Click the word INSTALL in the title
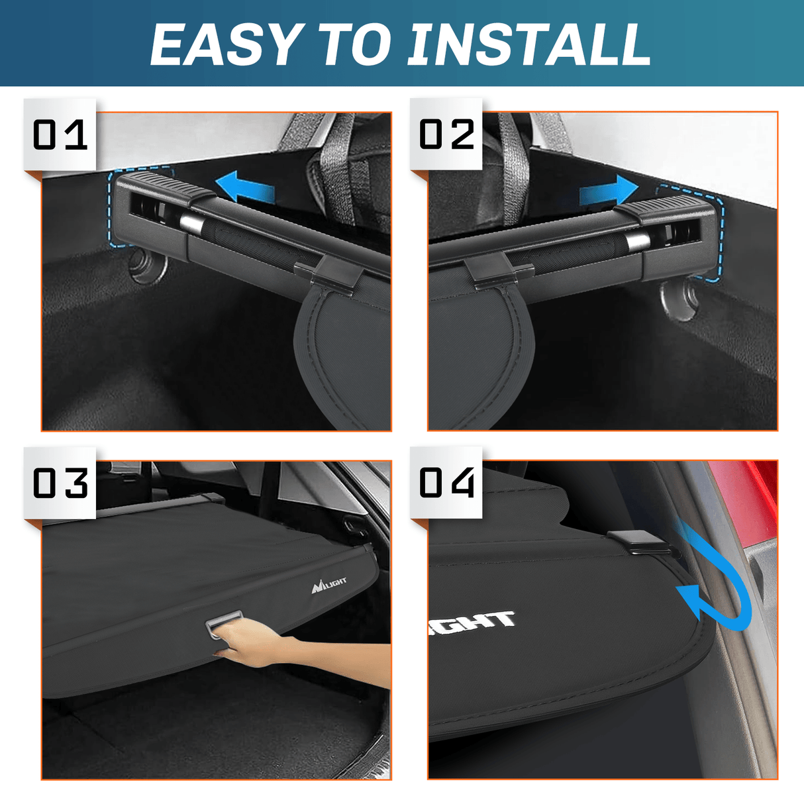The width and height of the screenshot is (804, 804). (528, 45)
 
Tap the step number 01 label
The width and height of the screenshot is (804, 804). (60, 135)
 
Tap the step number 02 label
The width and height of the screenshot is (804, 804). (447, 135)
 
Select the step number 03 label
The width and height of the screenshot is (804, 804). (60, 483)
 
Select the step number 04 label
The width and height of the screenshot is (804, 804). (447, 483)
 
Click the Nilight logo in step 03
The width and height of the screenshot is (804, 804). (329, 583)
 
